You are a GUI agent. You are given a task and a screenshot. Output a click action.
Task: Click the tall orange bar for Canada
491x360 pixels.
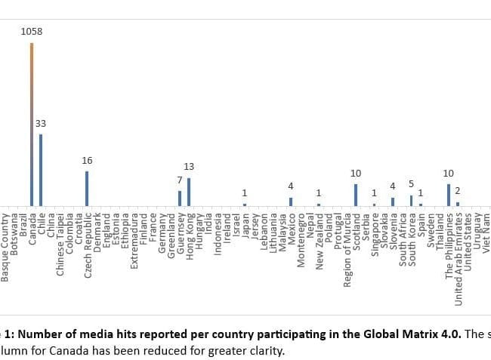point(32,125)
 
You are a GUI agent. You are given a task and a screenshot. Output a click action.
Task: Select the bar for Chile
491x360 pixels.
point(41,170)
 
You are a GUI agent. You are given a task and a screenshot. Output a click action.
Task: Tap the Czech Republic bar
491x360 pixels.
point(87,188)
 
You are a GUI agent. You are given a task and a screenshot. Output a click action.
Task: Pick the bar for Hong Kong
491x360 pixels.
point(188,191)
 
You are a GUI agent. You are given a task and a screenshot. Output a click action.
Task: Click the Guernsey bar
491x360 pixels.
point(179,198)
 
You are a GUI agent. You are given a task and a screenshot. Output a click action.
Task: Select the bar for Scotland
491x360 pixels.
point(356,194)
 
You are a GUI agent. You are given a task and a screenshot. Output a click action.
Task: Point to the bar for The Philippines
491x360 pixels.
point(448,194)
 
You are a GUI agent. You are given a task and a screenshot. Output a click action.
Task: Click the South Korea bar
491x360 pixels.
point(411,200)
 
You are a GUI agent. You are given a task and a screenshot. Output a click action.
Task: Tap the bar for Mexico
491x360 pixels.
point(291,202)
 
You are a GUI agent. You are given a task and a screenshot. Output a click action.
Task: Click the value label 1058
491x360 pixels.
point(32,32)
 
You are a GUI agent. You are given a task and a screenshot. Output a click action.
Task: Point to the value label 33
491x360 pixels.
point(41,123)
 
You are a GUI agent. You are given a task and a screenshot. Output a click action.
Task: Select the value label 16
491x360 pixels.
point(87,160)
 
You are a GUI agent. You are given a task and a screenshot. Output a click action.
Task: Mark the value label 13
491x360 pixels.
point(188,166)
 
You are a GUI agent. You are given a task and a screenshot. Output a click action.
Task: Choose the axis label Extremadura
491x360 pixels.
point(134,241)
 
